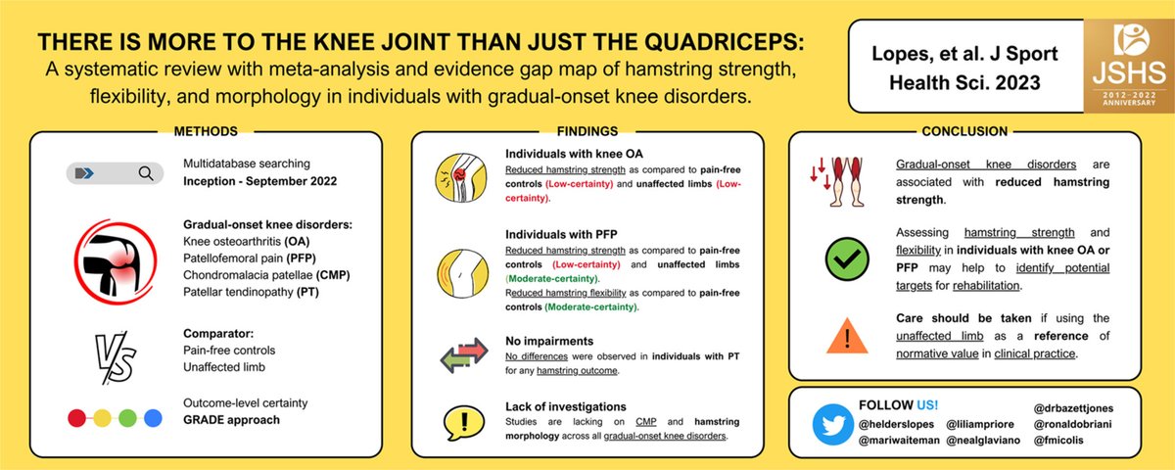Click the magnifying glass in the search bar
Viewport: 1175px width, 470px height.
point(146,174)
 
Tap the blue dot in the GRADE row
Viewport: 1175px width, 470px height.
point(152,418)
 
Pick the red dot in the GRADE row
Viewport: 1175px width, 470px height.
point(75,418)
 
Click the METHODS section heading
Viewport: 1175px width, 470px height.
point(205,130)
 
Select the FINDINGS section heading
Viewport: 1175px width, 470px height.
point(587,130)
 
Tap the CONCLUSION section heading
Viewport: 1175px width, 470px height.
point(963,130)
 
